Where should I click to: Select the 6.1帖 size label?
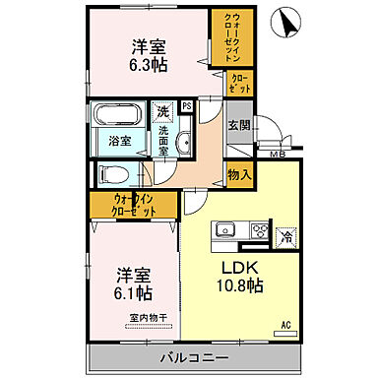(x=130, y=293)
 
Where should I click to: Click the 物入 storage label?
(x=238, y=175)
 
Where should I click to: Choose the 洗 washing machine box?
(x=162, y=112)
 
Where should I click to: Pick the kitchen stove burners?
(x=261, y=231)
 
